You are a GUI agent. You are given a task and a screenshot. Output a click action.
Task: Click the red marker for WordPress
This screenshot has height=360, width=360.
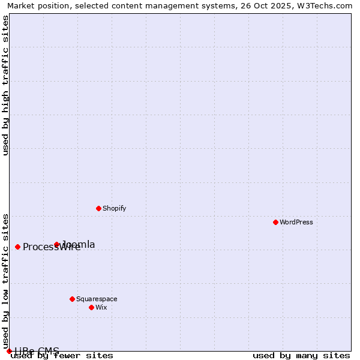(275, 222)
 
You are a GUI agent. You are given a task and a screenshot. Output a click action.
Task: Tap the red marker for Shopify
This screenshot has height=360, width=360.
(98, 208)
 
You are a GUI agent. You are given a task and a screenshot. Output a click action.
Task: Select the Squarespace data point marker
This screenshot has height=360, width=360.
(72, 299)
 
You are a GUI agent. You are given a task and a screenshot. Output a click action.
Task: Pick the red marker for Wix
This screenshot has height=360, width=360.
(91, 307)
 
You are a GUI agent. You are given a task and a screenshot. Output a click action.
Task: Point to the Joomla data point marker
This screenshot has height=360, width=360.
(57, 244)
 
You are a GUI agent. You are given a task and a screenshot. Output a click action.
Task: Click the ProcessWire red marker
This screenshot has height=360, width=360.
(17, 247)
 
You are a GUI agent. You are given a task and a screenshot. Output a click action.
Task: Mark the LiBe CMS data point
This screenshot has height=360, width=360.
(9, 351)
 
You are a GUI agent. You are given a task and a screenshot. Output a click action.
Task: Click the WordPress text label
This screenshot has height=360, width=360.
(296, 222)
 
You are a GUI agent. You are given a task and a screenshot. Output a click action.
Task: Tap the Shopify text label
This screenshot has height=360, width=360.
(114, 208)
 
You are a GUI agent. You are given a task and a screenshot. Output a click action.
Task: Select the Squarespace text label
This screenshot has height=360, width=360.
(97, 299)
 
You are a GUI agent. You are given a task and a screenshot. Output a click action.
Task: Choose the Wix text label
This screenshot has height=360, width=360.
(101, 307)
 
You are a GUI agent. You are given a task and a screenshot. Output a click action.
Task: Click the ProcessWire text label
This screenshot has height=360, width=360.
(52, 247)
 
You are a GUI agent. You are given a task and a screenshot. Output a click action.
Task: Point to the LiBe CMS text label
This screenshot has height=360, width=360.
(37, 351)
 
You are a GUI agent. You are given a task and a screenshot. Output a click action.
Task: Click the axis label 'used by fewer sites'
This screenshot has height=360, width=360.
(62, 356)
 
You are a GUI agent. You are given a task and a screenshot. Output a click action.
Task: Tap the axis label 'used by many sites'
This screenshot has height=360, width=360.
(301, 356)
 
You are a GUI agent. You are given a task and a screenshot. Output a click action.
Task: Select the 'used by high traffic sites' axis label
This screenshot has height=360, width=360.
(6, 85)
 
